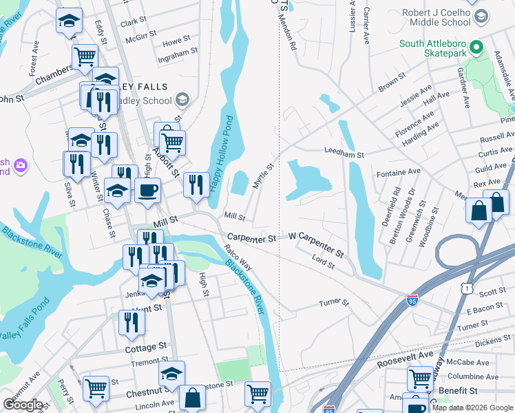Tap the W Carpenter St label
315,244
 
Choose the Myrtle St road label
264,175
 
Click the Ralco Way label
238,257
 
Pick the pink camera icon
21,165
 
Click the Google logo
23,404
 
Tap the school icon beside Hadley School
182,101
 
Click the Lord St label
322,260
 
